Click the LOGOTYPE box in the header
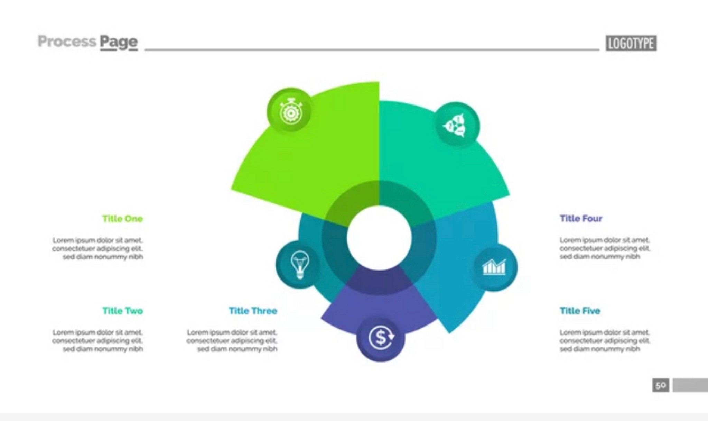631,43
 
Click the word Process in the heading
67,42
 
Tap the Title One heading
122,219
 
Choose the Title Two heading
122,311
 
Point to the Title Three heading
253,311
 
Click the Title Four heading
581,218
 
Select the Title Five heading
580,311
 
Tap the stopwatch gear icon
290,111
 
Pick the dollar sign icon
381,338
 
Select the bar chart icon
494,267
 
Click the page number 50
660,385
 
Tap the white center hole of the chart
379,238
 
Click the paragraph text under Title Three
232,340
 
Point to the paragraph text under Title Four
605,248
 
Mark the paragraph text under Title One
98,248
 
